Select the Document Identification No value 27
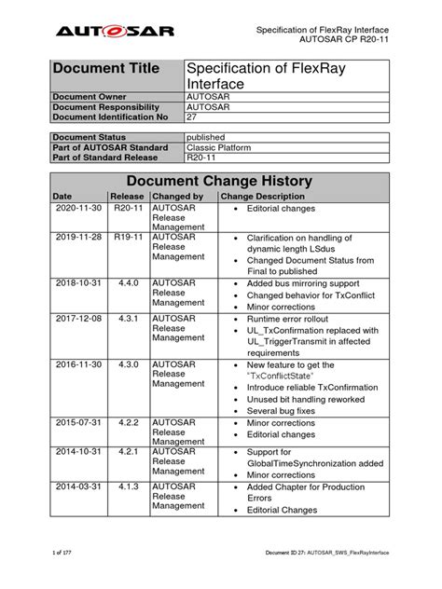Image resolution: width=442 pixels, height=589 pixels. click(x=193, y=116)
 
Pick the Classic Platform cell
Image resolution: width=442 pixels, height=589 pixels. click(x=221, y=147)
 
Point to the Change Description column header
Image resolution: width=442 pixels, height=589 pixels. click(x=262, y=198)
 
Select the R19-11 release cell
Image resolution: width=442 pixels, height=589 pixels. click(x=126, y=239)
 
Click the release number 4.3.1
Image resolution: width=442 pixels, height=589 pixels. click(x=126, y=319)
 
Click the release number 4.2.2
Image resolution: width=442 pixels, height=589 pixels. click(x=126, y=422)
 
